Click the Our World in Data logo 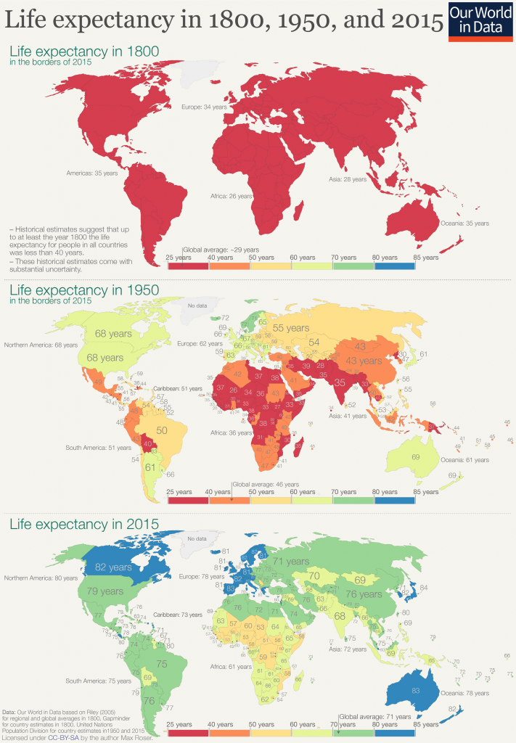(481, 21)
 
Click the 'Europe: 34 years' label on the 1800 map (205, 107)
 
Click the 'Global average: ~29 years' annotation (216, 248)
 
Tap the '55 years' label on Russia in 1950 (291, 328)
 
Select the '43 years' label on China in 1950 (362, 361)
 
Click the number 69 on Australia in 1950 (415, 457)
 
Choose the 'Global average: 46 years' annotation (258, 483)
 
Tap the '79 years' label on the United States (106, 591)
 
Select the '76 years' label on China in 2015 (362, 594)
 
